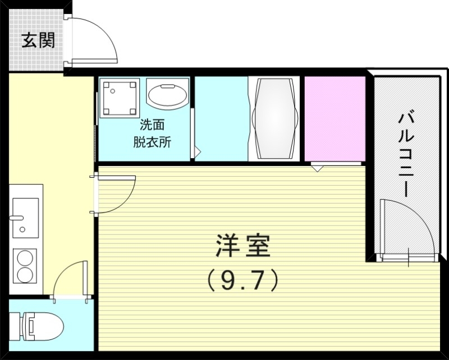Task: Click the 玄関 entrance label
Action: (x=38, y=40)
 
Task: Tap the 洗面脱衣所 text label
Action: (x=152, y=134)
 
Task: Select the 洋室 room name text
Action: (x=242, y=247)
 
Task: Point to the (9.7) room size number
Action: (x=242, y=279)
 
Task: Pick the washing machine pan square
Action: (x=119, y=98)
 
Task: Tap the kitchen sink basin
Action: (x=24, y=216)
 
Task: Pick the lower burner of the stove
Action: (x=25, y=275)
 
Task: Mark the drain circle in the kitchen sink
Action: (x=22, y=229)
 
